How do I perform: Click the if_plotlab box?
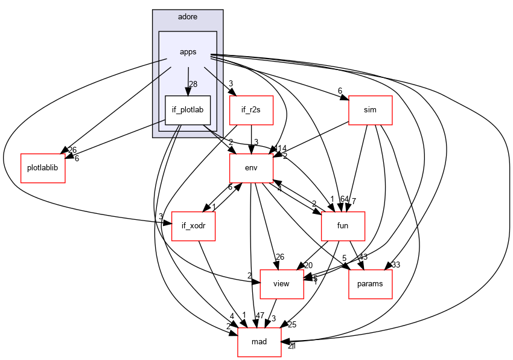click(188, 111)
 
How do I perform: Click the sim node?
click(371, 111)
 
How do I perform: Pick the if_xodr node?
click(194, 227)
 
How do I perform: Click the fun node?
click(343, 227)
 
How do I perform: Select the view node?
click(281, 283)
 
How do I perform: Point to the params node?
click(371, 283)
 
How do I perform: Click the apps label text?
click(188, 52)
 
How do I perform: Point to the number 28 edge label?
click(194, 84)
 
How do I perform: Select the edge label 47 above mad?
click(260, 315)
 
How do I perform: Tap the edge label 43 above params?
click(363, 257)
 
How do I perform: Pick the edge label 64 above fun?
click(345, 199)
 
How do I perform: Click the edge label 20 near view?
click(308, 265)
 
